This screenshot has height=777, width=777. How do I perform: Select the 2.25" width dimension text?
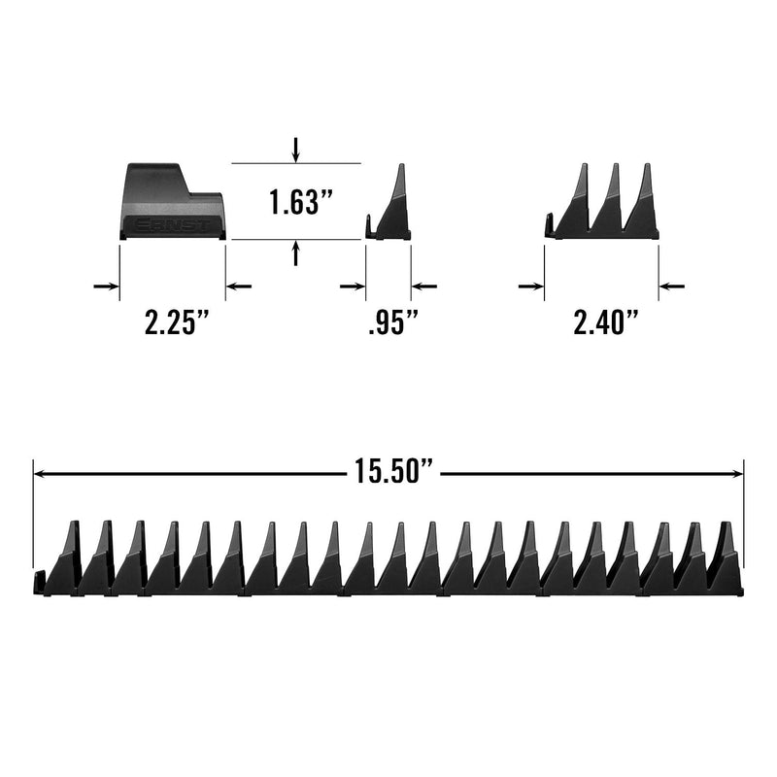[x=176, y=321]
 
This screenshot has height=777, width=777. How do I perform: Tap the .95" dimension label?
[x=393, y=321]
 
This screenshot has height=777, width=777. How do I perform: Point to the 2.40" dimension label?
[x=605, y=321]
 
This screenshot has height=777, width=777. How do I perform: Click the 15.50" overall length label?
[x=394, y=470]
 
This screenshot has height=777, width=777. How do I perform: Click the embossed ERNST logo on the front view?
[x=172, y=225]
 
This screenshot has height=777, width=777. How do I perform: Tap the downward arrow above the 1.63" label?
[x=296, y=150]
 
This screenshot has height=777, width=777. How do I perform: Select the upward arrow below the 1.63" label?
[x=296, y=253]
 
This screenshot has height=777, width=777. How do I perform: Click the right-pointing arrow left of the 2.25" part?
[x=107, y=286]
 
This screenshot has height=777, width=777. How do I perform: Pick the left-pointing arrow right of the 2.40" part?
[x=671, y=286]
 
